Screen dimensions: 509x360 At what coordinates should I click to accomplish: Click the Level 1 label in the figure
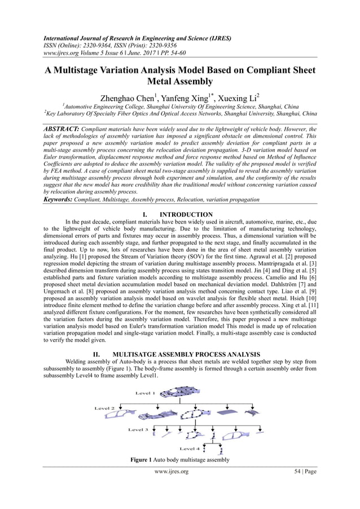tap(144, 393)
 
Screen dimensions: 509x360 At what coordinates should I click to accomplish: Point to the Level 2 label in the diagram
tap(104, 408)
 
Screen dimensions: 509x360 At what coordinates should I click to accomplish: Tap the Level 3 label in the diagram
tap(138, 429)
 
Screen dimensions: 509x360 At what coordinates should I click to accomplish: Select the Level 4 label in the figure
tap(190, 449)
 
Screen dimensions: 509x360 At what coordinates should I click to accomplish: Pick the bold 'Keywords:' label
tap(62, 200)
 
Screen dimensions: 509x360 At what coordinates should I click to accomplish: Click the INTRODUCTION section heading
tap(186, 215)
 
